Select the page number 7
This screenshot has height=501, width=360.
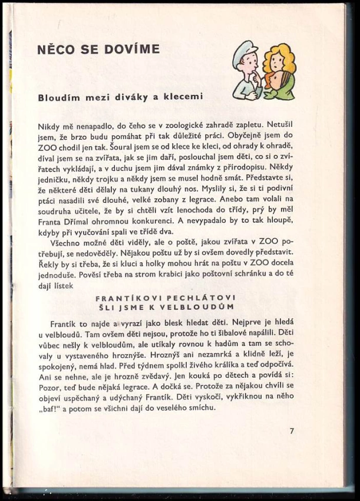tap(292, 431)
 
